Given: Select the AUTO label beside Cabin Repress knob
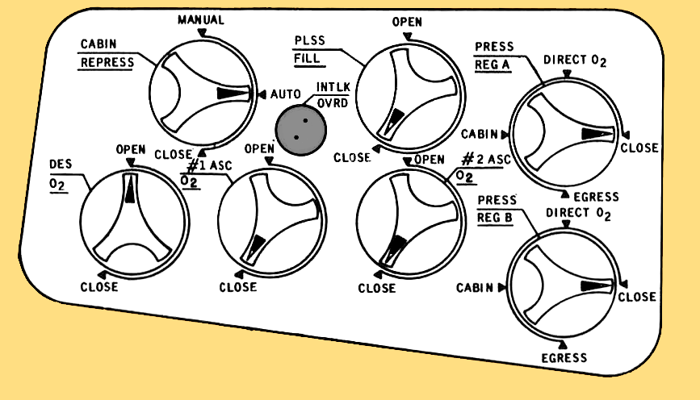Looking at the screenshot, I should click(285, 94).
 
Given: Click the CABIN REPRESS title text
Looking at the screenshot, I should click(107, 53).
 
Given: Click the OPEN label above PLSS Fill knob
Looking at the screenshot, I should click(407, 22).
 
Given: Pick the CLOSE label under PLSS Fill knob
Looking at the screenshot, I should click(351, 157).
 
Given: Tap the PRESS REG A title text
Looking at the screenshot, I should click(493, 56).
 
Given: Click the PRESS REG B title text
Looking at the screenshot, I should click(497, 207).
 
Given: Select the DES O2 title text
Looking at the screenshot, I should click(59, 173).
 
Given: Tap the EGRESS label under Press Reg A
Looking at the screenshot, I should click(595, 197).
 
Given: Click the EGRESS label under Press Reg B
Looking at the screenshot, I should click(564, 357).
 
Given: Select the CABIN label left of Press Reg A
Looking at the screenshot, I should click(480, 134).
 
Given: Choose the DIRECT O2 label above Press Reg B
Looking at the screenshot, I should click(578, 215).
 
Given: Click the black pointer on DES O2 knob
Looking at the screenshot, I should click(129, 191).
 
